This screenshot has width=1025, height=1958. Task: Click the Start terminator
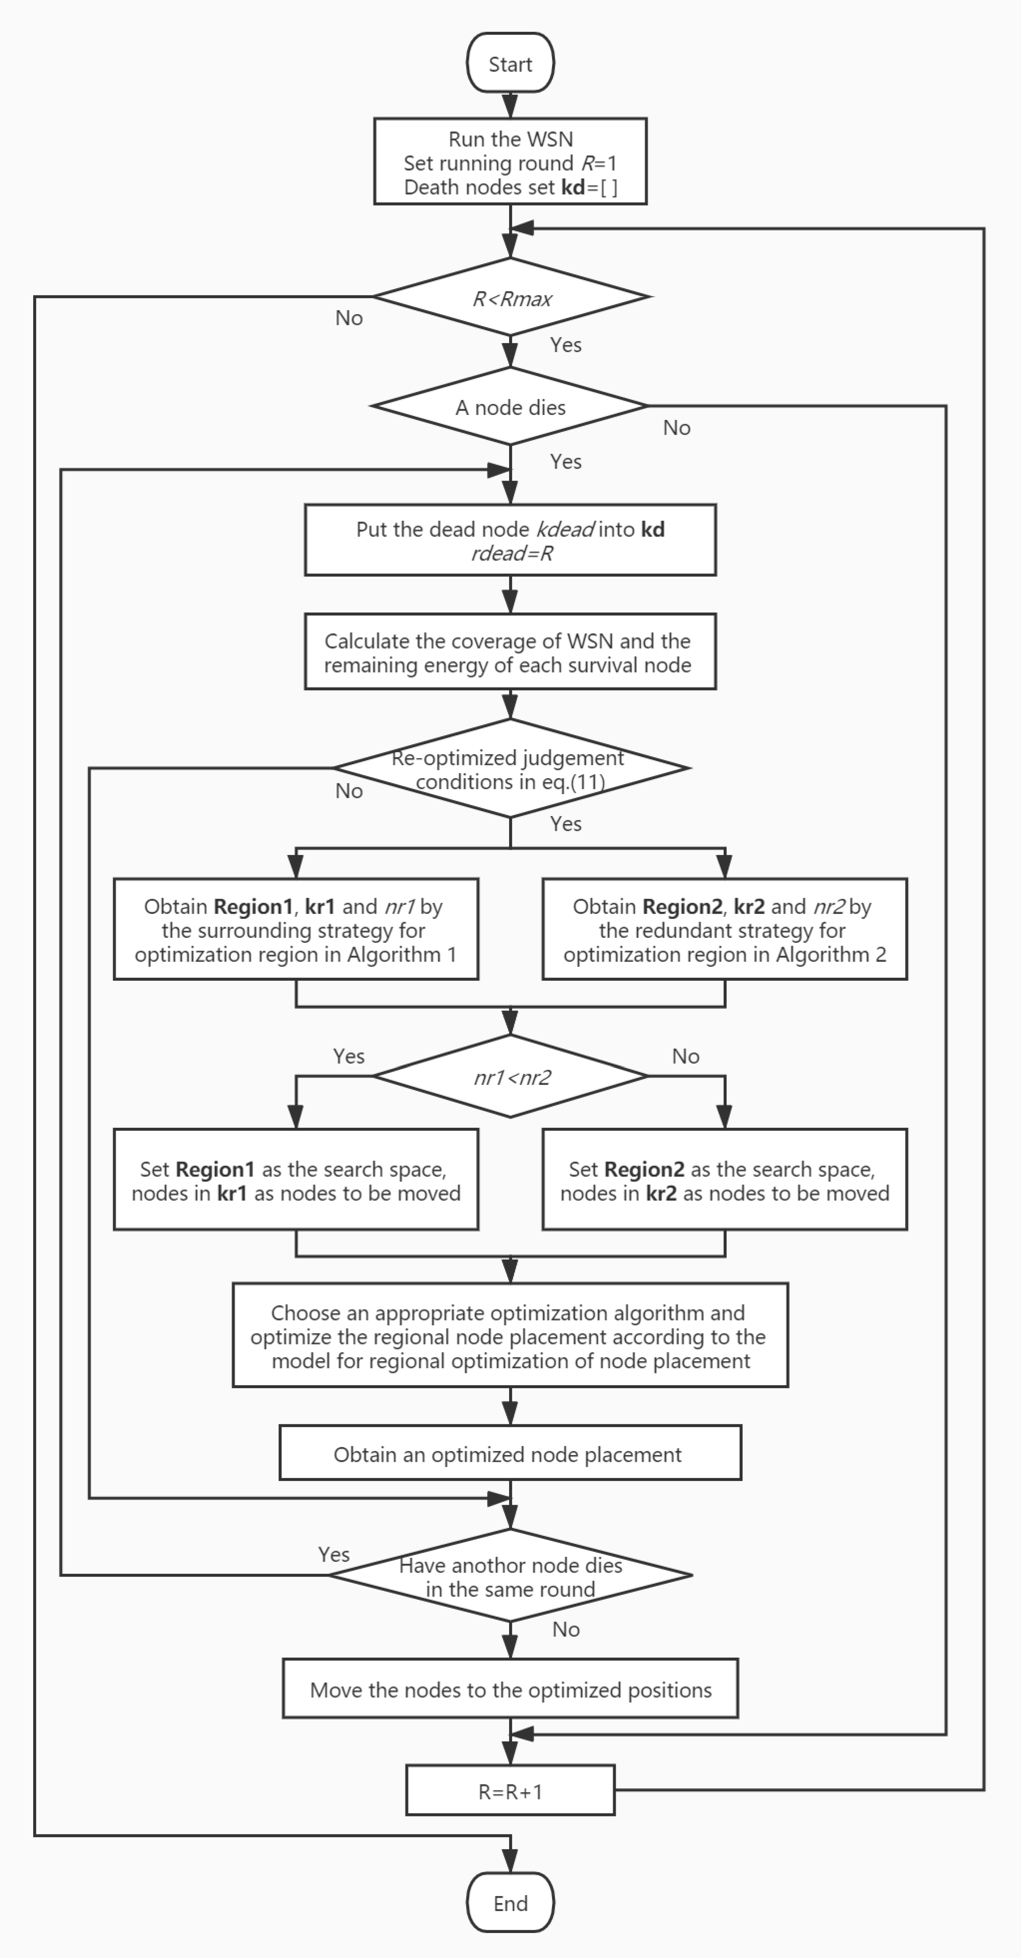tap(510, 64)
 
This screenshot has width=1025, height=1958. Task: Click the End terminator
tap(510, 1903)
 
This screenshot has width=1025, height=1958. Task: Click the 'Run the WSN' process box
tap(510, 162)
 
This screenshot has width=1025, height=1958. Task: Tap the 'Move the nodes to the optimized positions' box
tap(510, 1690)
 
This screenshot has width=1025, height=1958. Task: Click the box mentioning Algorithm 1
tap(296, 930)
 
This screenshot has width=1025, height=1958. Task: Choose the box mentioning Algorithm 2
tap(724, 930)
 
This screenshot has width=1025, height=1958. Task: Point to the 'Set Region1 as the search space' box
tap(296, 1181)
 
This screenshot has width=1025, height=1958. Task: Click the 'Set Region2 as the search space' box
tap(724, 1181)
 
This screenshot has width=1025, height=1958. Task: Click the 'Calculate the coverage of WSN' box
tap(510, 652)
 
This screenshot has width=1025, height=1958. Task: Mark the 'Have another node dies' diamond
tap(510, 1577)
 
